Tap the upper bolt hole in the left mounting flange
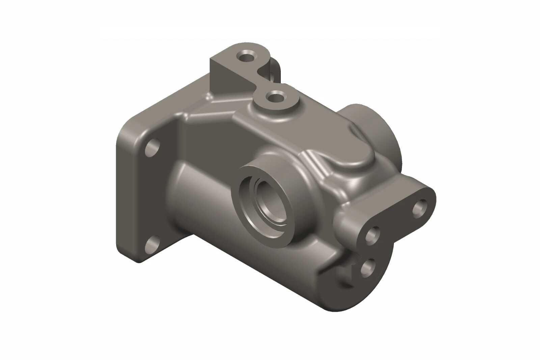tap(153, 148)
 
